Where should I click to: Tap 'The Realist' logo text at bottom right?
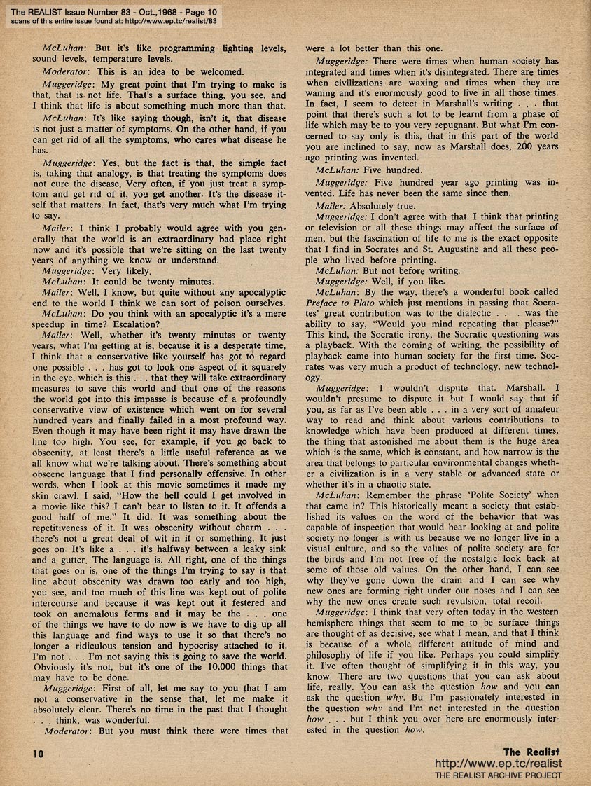coord(531,750)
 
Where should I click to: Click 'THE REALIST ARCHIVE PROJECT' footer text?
coord(499,775)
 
